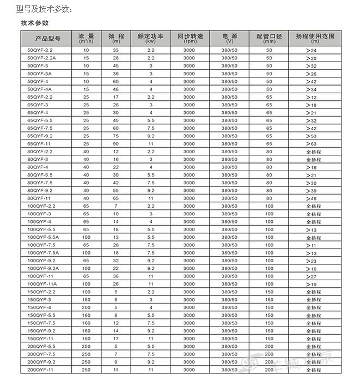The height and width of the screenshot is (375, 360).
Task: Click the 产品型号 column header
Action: [x=47, y=38]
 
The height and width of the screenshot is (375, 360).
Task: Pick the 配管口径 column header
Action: [x=269, y=38]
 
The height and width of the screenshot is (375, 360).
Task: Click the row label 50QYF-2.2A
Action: [x=41, y=58]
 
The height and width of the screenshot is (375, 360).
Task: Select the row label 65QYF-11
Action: [x=39, y=143]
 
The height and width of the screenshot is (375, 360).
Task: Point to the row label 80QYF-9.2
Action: [x=40, y=190]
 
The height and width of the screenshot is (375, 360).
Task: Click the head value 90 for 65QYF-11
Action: [x=115, y=143]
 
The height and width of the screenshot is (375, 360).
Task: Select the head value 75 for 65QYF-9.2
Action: [x=115, y=136]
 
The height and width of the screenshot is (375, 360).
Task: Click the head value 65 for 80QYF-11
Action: [x=115, y=198]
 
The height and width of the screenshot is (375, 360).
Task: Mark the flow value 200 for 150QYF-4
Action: [x=86, y=307]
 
